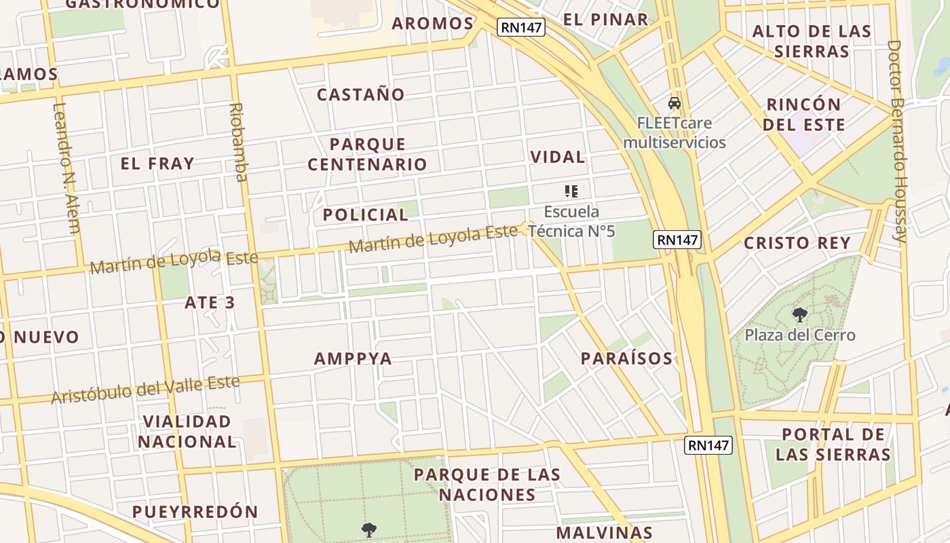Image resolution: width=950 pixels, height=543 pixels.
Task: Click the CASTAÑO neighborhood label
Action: (x=360, y=94)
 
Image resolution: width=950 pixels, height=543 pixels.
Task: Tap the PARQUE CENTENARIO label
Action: (x=367, y=154)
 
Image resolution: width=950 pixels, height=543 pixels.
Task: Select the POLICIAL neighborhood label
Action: (x=365, y=215)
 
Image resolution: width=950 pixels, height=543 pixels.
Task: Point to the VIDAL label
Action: (x=557, y=157)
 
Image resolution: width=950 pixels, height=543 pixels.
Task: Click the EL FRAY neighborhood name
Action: (x=157, y=164)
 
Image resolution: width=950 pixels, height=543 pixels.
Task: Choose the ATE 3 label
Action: (x=210, y=303)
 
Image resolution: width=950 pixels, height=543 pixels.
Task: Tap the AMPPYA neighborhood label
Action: (x=353, y=358)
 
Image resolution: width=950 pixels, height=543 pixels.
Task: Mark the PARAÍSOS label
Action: (x=626, y=358)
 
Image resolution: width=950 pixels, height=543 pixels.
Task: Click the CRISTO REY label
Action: (x=797, y=243)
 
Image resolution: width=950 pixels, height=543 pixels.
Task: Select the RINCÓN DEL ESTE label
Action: (x=803, y=115)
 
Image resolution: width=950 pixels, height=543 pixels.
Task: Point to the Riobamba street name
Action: (x=237, y=143)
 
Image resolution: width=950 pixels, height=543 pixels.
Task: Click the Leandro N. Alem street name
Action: (x=66, y=168)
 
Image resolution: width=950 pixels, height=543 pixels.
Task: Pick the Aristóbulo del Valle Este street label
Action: (x=145, y=389)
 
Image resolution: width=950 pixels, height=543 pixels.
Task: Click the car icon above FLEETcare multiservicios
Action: (x=674, y=103)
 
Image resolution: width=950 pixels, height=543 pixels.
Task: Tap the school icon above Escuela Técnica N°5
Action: (x=571, y=192)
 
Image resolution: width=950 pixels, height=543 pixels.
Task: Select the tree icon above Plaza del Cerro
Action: (x=799, y=314)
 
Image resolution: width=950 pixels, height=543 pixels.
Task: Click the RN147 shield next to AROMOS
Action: (x=520, y=27)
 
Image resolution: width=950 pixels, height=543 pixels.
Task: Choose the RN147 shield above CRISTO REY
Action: (x=677, y=240)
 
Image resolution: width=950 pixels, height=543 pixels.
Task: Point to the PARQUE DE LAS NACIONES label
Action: (x=487, y=485)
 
